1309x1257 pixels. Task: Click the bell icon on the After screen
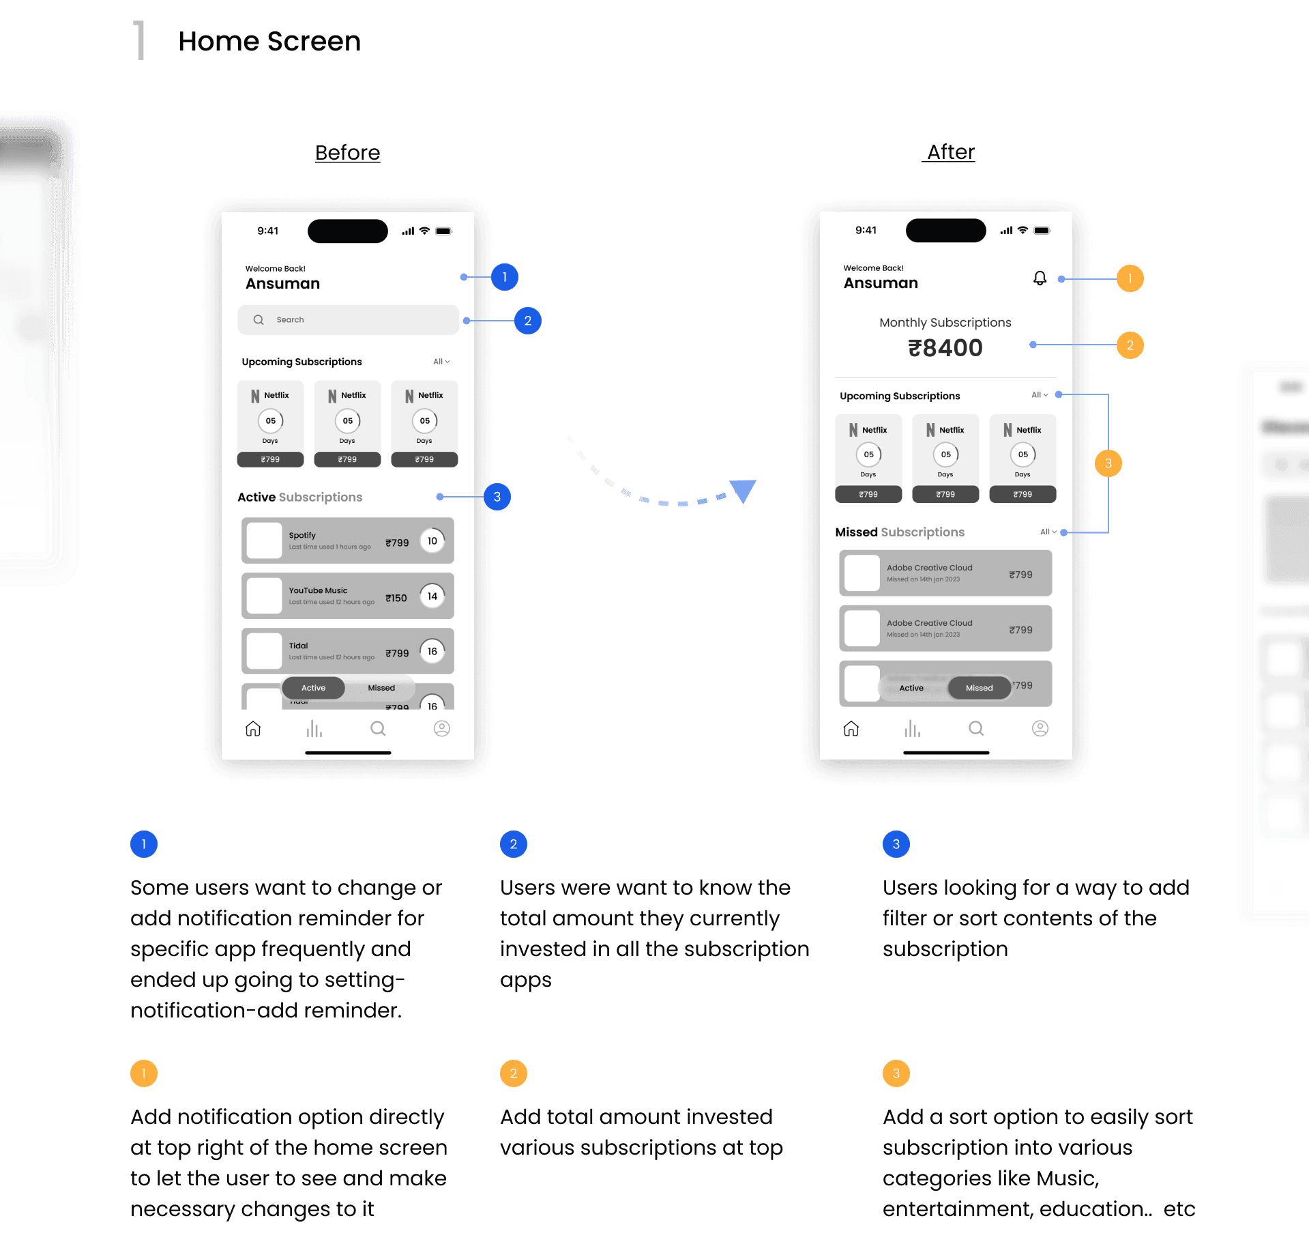click(1040, 278)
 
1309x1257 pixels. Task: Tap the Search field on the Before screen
click(348, 320)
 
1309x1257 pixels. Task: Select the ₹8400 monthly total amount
click(945, 348)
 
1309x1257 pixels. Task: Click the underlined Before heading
click(347, 153)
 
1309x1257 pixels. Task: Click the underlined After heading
click(950, 152)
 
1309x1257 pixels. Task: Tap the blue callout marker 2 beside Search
click(527, 321)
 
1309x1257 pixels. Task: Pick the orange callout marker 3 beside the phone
click(1108, 463)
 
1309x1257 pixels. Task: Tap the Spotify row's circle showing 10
click(432, 541)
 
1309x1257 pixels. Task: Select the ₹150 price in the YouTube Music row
click(396, 598)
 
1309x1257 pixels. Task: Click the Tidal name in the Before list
click(299, 646)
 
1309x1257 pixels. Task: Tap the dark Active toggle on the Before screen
click(314, 688)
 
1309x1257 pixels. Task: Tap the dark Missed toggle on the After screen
click(979, 688)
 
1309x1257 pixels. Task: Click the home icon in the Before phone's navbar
click(253, 729)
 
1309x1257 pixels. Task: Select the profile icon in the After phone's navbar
click(1040, 729)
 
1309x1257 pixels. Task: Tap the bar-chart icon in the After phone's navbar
click(912, 729)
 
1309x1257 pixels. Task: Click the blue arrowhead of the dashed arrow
click(742, 489)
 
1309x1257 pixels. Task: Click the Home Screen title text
click(269, 42)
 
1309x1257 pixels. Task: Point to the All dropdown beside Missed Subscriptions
click(1048, 532)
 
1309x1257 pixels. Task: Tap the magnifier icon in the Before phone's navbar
click(378, 729)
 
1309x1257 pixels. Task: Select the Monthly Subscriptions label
click(945, 323)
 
